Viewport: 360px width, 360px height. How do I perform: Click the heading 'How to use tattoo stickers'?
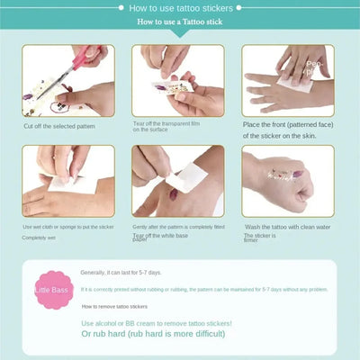tap(179, 9)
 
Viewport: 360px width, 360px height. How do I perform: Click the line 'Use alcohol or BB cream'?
tap(156, 322)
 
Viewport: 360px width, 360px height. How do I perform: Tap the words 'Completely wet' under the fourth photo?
tap(39, 238)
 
